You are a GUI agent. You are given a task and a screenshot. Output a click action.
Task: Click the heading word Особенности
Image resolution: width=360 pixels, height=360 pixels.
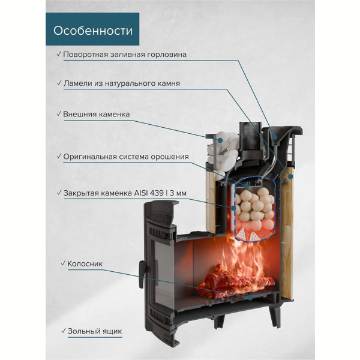coord(93,31)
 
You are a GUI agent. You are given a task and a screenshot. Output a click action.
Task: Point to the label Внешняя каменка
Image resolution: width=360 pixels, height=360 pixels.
coord(97,114)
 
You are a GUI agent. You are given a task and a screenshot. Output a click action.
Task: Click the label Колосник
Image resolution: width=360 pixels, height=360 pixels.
coord(85,263)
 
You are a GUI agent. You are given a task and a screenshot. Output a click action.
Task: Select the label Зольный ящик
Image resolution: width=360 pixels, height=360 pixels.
coord(95,331)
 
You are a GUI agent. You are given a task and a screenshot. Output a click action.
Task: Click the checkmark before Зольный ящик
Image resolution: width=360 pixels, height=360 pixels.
coord(64,331)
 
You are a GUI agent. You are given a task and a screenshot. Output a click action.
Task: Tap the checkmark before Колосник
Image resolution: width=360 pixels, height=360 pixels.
coord(64,263)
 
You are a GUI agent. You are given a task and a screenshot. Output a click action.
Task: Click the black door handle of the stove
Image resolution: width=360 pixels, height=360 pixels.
coord(142,274)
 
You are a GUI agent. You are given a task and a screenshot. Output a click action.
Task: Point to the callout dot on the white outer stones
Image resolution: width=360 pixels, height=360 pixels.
coord(221,140)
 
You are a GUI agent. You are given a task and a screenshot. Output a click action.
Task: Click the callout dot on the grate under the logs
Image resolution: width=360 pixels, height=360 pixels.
coord(250,298)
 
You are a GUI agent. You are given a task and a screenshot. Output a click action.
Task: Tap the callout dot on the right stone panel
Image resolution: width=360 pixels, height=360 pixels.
coord(291,176)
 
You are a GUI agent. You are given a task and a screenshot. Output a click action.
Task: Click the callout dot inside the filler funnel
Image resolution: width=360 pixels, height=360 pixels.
coord(275,137)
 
